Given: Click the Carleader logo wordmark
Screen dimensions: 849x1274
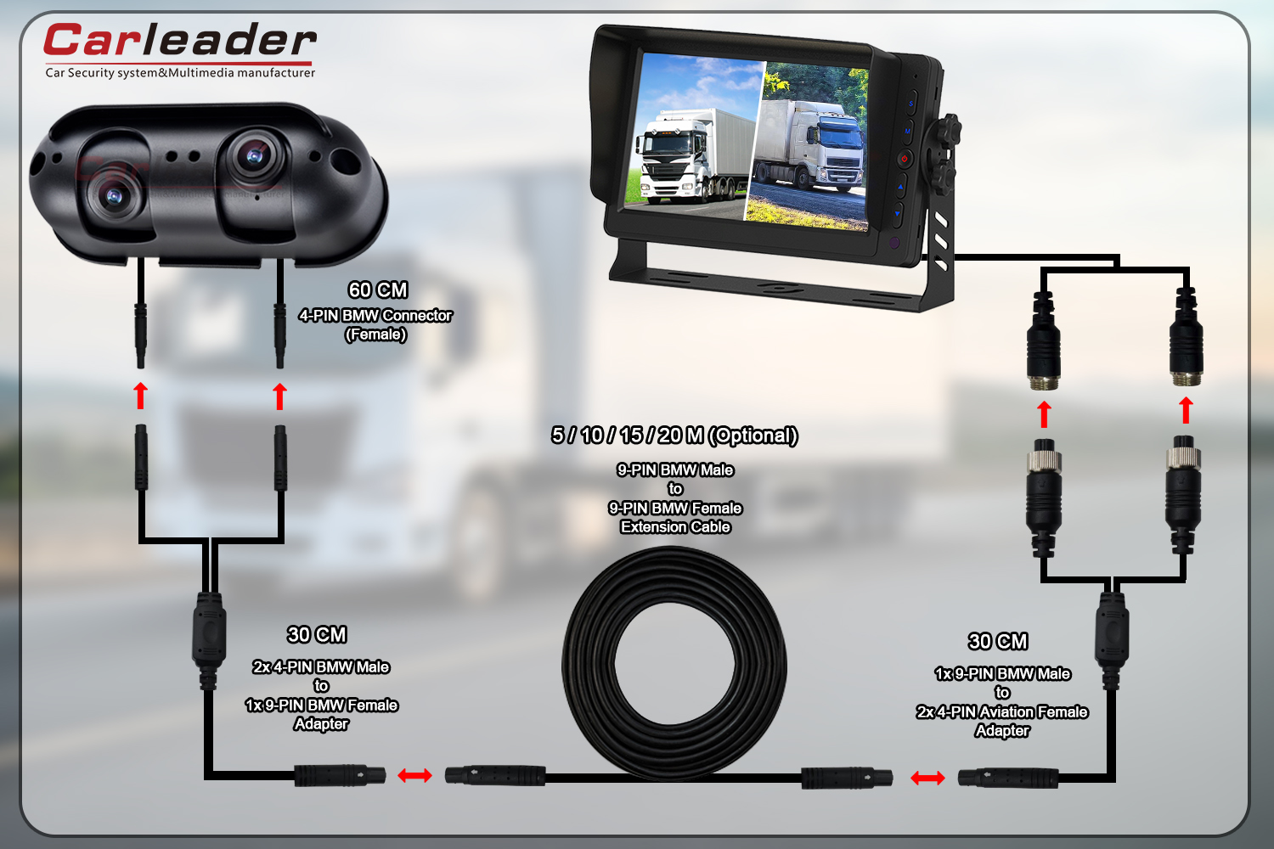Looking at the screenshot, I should (179, 42).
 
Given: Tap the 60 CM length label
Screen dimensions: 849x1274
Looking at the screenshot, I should (378, 290).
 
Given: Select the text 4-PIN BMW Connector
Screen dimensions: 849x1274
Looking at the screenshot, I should (375, 315).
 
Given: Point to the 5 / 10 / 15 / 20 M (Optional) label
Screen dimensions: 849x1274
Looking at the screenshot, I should (674, 436).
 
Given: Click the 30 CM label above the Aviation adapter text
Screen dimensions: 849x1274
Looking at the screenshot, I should (998, 642).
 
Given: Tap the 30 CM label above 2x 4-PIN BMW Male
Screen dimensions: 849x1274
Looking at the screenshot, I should (317, 635).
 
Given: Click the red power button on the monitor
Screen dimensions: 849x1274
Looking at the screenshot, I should (905, 158).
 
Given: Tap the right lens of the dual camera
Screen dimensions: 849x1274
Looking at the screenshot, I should (252, 155).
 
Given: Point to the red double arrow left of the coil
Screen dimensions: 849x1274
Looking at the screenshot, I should (414, 775).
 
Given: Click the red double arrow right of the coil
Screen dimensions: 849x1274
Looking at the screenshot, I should (927, 778).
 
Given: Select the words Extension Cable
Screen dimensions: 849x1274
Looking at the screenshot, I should (675, 527).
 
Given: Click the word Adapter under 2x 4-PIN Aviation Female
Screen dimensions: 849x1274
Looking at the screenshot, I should (1002, 731).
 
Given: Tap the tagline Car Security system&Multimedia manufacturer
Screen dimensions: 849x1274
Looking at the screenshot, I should (180, 73).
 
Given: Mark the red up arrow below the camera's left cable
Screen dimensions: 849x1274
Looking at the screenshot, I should (141, 396).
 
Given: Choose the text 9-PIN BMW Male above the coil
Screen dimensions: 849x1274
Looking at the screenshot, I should (675, 470).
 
